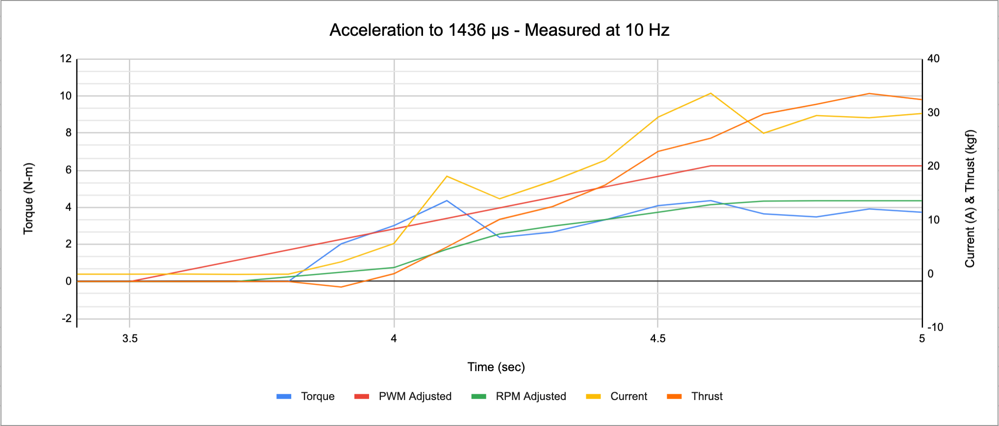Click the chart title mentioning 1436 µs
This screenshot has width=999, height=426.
coord(499,30)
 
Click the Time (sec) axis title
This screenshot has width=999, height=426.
coord(496,367)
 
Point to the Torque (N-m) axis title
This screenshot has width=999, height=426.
coord(28,198)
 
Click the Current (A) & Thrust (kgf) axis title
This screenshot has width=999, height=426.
coord(970,198)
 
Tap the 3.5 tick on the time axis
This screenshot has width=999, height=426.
coord(130,339)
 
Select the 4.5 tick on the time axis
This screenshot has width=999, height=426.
coord(658,339)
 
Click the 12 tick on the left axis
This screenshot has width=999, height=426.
coord(66,59)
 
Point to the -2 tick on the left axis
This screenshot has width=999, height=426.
coord(67,319)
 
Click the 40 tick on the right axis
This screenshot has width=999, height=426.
coord(933,59)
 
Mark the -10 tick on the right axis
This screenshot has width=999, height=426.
coord(935,327)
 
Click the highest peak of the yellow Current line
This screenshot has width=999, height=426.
coord(710,93)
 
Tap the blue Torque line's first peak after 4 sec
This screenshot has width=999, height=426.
coord(447,200)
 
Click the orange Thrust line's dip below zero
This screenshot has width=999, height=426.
coord(341,287)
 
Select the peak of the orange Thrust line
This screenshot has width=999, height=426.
coord(869,94)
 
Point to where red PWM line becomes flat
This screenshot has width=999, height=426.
coord(711,166)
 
